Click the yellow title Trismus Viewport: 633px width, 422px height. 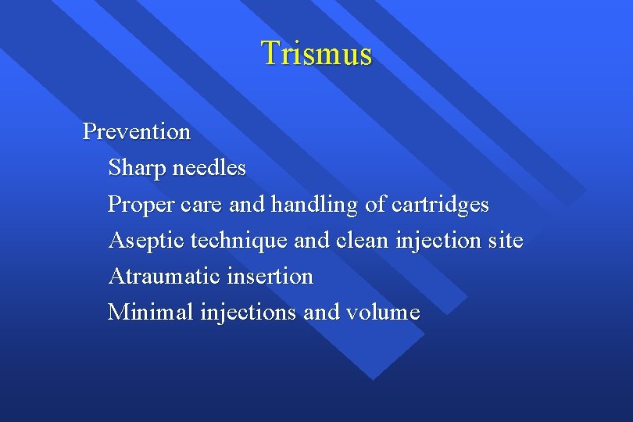316,53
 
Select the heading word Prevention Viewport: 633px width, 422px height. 137,131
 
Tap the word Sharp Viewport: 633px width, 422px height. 134,168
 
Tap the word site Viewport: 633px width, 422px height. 505,241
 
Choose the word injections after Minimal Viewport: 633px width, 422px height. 248,313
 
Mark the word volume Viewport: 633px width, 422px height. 383,313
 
